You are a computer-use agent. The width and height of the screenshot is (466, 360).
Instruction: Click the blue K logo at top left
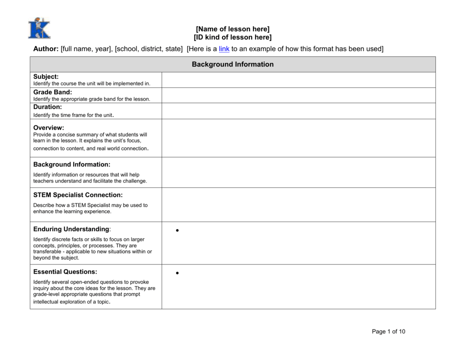tap(39, 29)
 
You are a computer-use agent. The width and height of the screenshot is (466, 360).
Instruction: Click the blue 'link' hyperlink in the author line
tap(224, 49)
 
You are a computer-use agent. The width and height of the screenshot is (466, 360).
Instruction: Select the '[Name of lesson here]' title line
tap(233, 29)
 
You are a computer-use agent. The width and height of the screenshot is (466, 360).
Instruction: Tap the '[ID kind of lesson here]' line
tap(233, 37)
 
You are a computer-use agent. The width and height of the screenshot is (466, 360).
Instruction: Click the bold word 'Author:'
tap(46, 49)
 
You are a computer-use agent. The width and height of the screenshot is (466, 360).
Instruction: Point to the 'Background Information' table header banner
tap(233, 64)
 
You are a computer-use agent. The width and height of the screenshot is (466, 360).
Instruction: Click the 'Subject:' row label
tap(46, 77)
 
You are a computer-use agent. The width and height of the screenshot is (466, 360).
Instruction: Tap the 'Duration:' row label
tap(47, 107)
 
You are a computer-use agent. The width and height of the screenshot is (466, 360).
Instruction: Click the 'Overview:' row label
tap(48, 127)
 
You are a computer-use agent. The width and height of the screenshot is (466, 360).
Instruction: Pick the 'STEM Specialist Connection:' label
tap(78, 195)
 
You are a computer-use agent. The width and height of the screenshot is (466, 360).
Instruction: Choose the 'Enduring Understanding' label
tap(71, 229)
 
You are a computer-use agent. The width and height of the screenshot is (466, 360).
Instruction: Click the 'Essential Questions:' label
tap(65, 272)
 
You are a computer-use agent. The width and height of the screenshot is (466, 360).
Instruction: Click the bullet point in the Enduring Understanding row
tap(177, 231)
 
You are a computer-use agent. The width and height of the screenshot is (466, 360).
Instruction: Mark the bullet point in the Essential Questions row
tap(177, 273)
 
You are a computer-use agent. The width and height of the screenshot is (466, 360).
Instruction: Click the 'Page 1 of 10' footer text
tap(388, 331)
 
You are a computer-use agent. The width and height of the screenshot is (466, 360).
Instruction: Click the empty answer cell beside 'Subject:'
tap(298, 80)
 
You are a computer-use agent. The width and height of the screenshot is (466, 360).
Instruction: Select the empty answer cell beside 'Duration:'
tap(298, 111)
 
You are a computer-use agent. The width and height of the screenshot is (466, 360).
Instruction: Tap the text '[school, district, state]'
tap(149, 49)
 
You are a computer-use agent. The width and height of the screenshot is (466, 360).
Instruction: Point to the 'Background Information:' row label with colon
tap(71, 164)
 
